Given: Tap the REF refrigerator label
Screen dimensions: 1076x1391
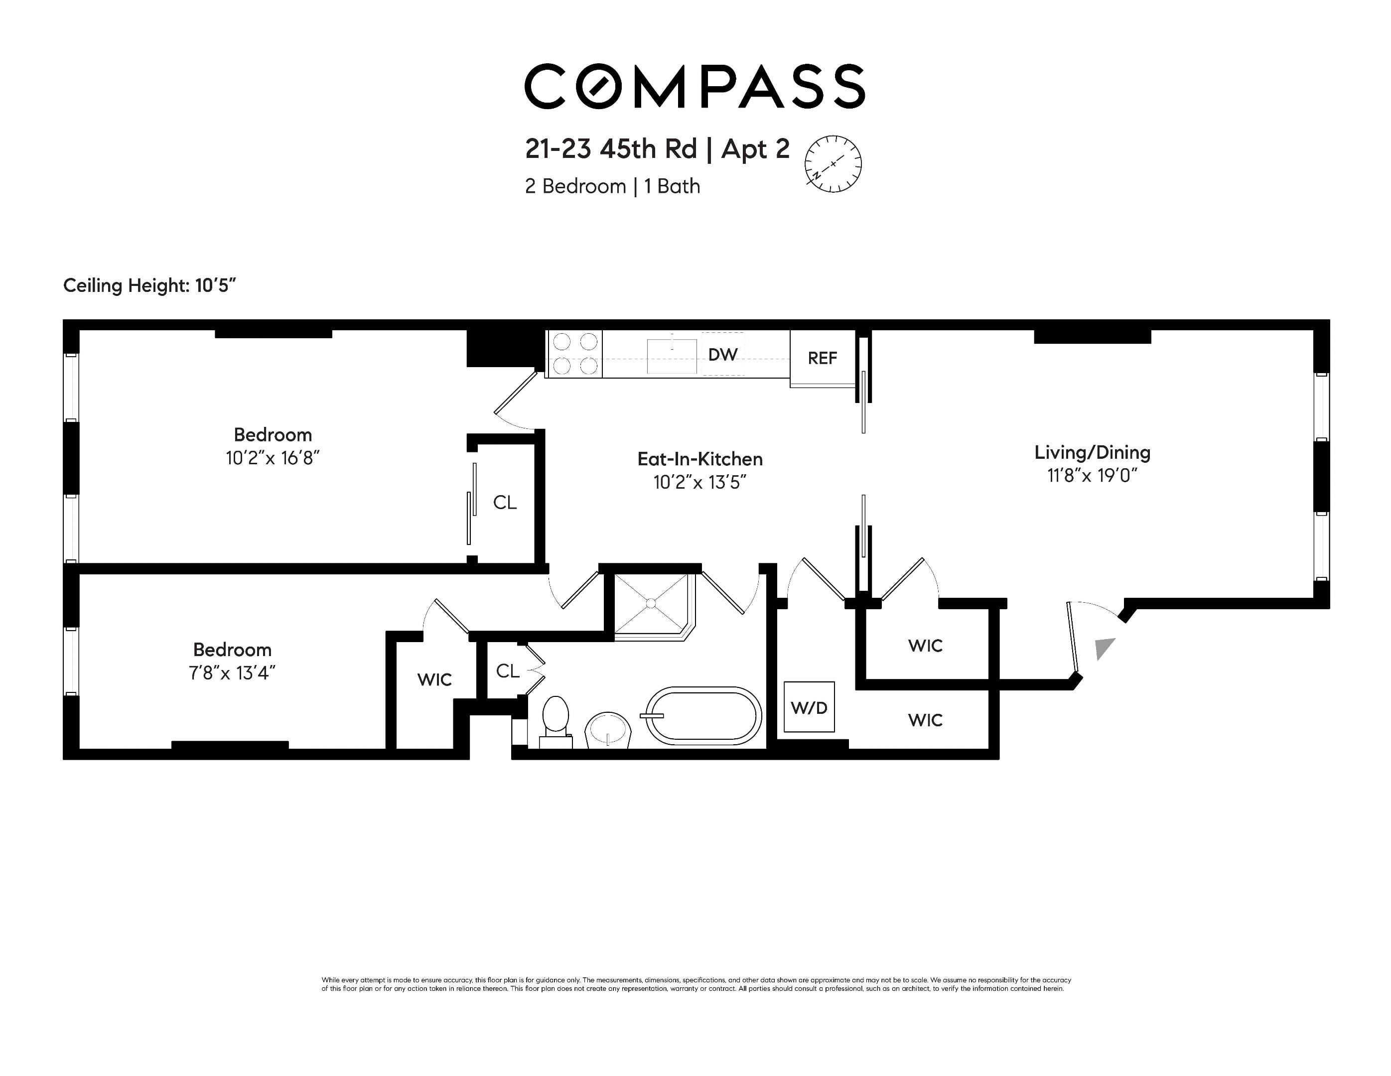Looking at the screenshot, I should tap(822, 359).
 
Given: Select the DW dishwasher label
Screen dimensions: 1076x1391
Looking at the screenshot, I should tap(723, 355).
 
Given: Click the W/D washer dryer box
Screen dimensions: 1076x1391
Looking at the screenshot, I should tap(809, 707).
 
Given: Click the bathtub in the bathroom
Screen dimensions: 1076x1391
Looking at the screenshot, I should tap(704, 716).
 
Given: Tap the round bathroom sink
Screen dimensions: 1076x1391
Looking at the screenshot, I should tap(608, 729).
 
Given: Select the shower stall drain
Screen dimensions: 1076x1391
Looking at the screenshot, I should tap(651, 602).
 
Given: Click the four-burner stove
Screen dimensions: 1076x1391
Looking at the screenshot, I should tap(574, 354).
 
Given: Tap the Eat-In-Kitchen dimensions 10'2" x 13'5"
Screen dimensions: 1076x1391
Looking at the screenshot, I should tap(699, 483).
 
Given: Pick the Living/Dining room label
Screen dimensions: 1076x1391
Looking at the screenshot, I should tap(1092, 453).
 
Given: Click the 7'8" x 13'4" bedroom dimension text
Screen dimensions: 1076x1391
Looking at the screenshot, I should tap(232, 673).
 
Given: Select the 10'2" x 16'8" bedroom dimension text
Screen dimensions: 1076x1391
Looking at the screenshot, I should tap(272, 458).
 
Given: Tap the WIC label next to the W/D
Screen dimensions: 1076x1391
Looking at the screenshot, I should tap(925, 720).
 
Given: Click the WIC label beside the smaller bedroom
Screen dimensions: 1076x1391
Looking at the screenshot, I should tap(434, 679).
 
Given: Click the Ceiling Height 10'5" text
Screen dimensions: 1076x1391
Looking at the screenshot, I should tap(149, 285).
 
